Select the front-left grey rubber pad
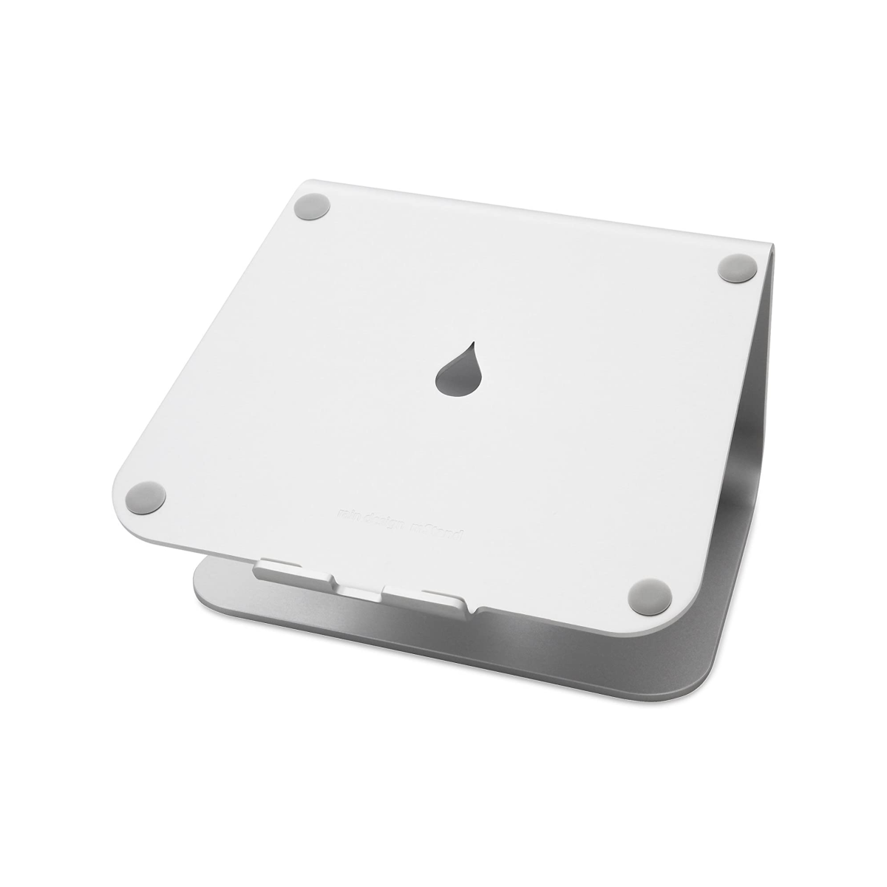[x=146, y=495]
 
